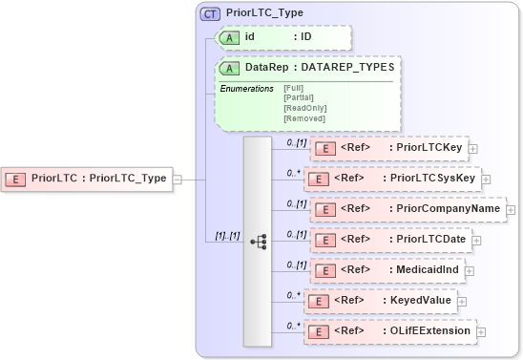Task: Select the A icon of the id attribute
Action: tap(229, 37)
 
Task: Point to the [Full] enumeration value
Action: tap(294, 89)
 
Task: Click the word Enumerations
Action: tap(246, 89)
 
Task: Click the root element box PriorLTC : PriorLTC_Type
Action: tap(88, 178)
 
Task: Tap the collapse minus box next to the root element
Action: tap(178, 178)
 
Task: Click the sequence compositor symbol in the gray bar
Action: tap(258, 242)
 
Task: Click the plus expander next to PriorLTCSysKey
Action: tap(487, 179)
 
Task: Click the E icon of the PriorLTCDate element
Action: tap(324, 240)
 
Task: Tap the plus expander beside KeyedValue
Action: tap(462, 301)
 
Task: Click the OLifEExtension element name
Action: tap(430, 331)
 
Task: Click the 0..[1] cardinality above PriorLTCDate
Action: tap(296, 233)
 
